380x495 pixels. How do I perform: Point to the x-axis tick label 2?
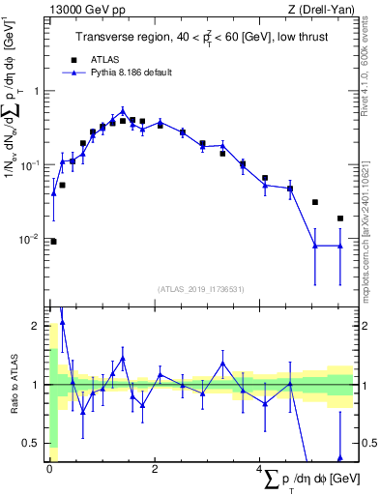[155, 467]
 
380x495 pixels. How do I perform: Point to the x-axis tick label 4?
[259, 467]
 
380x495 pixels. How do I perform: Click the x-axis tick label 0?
[49, 467]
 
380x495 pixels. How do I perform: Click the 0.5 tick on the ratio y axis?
[31, 443]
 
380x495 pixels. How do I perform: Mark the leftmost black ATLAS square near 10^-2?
[53, 242]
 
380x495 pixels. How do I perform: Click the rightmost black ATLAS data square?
[340, 218]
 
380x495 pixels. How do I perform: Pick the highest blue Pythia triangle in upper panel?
[123, 110]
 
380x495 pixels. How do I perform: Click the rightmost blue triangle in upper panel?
[340, 246]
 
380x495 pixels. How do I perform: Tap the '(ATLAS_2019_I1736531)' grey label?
[200, 288]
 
